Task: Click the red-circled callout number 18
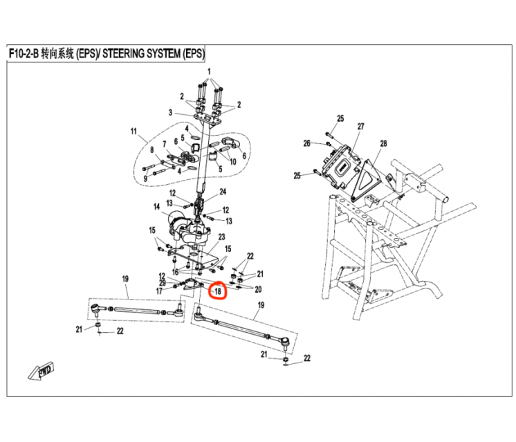(217, 291)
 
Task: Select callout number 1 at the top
(210, 72)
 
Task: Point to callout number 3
(170, 112)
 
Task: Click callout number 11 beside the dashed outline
(133, 131)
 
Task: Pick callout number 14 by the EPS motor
(157, 206)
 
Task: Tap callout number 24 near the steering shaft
(223, 192)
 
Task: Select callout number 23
(222, 237)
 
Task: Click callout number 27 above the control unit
(360, 127)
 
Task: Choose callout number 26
(306, 143)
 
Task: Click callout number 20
(258, 289)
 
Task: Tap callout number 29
(162, 283)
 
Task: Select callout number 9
(145, 178)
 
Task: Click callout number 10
(232, 162)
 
